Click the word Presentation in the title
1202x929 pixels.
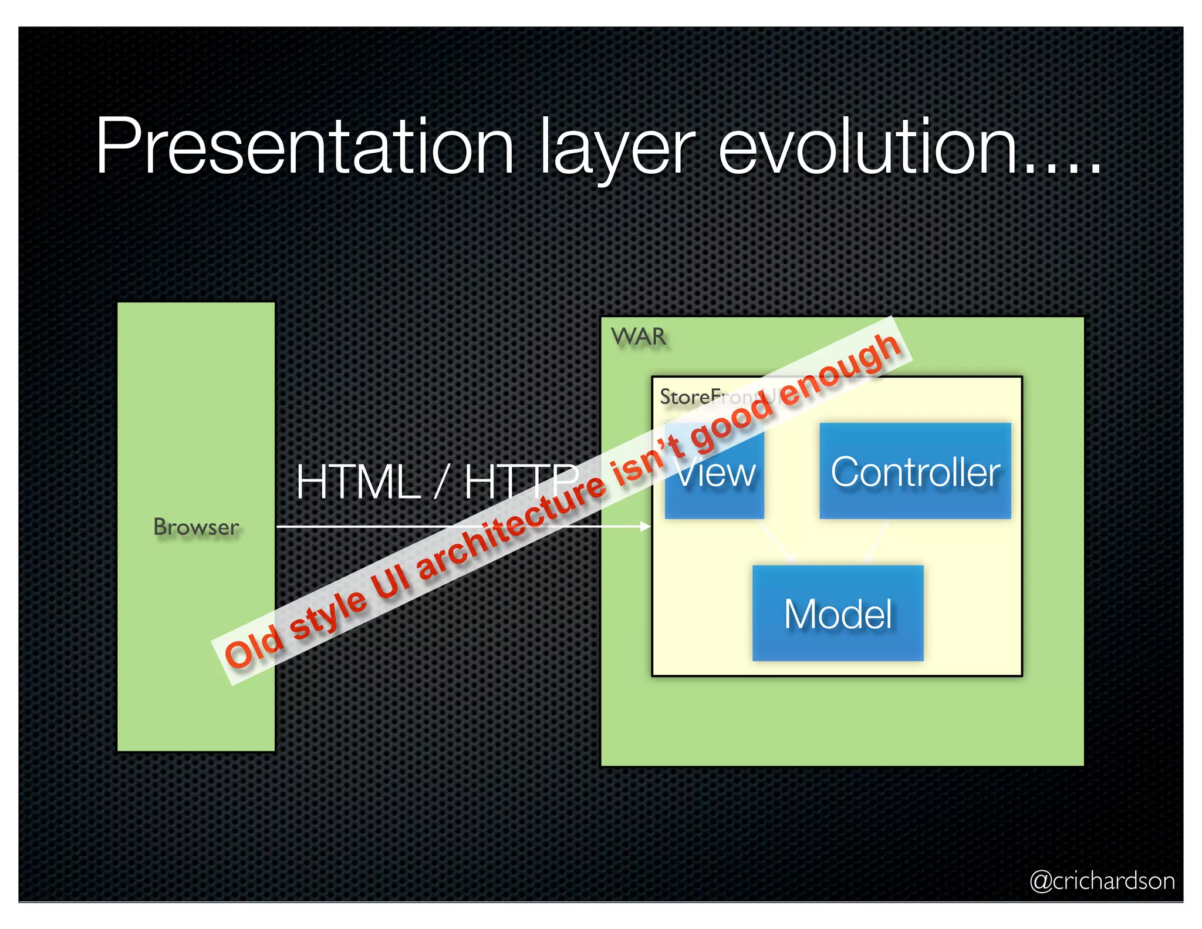tap(305, 147)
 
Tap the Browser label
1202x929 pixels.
tap(196, 527)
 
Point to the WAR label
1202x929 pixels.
tap(638, 337)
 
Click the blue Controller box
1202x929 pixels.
tap(914, 471)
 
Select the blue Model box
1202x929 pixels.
tap(838, 613)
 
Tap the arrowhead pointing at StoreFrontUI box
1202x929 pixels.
tap(646, 527)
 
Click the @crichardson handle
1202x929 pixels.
tap(1102, 881)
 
